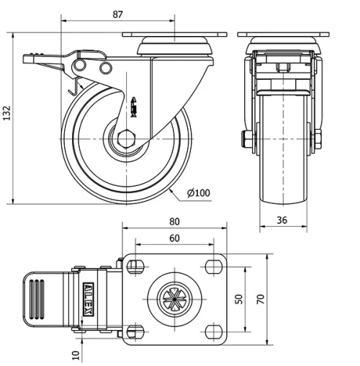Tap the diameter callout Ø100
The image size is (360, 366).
pos(197,192)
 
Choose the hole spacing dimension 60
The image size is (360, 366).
pos(175,238)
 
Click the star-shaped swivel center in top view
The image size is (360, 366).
pos(175,297)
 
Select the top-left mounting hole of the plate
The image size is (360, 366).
pos(135,267)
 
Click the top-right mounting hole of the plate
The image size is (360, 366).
pos(212,267)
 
